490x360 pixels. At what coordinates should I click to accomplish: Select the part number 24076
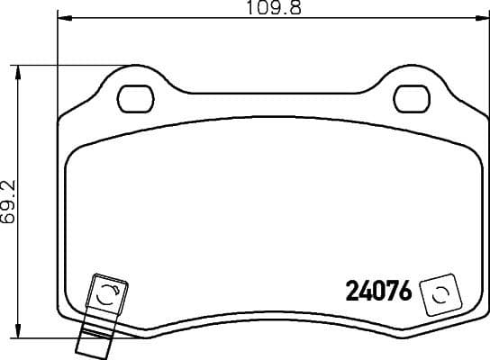tap(378, 292)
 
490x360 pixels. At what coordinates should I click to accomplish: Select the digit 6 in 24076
tap(404, 292)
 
